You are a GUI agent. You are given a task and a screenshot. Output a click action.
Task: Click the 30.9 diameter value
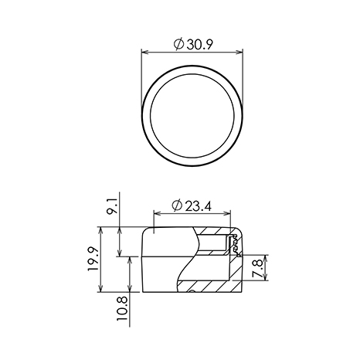click(x=200, y=45)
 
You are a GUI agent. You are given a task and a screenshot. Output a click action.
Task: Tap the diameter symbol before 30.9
click(x=178, y=45)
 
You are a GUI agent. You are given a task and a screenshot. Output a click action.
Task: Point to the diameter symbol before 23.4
click(x=177, y=205)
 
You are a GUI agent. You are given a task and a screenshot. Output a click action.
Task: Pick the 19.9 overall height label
click(x=93, y=259)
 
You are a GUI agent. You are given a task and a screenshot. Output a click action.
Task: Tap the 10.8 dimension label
click(x=122, y=308)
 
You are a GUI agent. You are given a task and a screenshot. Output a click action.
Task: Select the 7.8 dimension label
click(x=257, y=268)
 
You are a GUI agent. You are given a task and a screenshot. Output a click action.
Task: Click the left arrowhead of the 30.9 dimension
click(x=145, y=53)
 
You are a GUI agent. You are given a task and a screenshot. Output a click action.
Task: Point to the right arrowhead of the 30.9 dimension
click(x=239, y=53)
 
